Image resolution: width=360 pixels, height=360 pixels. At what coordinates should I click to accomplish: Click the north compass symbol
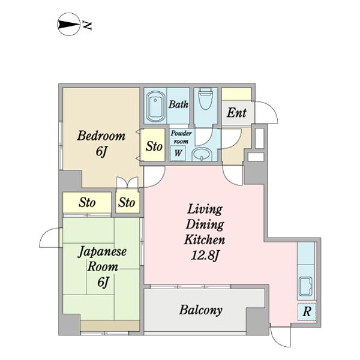68,24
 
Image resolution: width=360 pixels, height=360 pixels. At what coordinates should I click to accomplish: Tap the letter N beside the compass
87,25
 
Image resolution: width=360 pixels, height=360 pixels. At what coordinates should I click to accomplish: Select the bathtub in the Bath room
155,106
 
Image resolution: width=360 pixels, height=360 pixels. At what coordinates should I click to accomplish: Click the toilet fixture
205,99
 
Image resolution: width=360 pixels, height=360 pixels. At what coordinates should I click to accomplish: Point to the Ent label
236,113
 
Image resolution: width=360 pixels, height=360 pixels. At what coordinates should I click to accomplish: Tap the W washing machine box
178,152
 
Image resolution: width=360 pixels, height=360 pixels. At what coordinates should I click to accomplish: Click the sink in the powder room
202,154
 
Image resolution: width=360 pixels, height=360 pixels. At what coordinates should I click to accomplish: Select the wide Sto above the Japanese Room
87,202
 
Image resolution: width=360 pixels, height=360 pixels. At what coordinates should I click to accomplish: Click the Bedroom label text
101,136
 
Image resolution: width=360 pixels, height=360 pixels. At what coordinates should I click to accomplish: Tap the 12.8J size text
205,256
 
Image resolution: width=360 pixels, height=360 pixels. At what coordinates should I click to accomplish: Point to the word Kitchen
205,239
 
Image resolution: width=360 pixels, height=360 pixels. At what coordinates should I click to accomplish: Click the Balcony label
200,310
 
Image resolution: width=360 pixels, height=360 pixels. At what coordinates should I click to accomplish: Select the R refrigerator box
307,312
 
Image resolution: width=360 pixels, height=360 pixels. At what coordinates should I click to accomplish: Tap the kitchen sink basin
305,286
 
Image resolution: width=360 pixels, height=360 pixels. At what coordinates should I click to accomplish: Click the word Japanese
102,252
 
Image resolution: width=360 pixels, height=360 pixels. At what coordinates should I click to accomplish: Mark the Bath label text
178,104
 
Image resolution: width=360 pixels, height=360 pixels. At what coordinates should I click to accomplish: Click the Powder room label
181,137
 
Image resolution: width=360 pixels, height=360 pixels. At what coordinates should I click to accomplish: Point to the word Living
205,209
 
